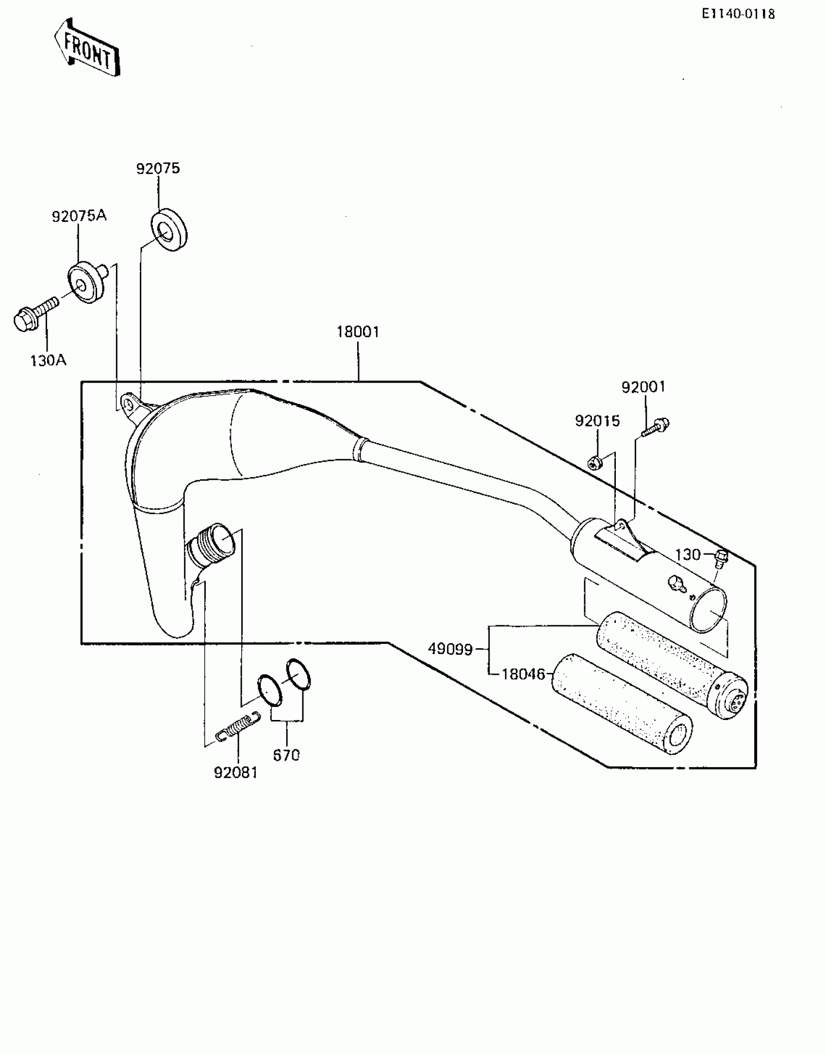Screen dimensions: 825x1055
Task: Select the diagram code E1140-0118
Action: click(738, 14)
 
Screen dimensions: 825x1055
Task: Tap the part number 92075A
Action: click(79, 216)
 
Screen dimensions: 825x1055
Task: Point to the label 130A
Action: click(48, 361)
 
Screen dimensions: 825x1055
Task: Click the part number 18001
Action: click(358, 332)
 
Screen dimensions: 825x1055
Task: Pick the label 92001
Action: click(643, 387)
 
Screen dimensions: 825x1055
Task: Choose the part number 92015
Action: click(597, 421)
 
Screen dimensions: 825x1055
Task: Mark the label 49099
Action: click(450, 649)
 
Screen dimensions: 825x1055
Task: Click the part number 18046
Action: click(523, 674)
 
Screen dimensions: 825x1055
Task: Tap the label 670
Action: click(286, 755)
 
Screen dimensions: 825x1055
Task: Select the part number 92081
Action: click(236, 772)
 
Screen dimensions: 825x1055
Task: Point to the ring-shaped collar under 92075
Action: click(169, 230)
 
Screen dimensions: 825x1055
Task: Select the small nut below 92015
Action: click(594, 464)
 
